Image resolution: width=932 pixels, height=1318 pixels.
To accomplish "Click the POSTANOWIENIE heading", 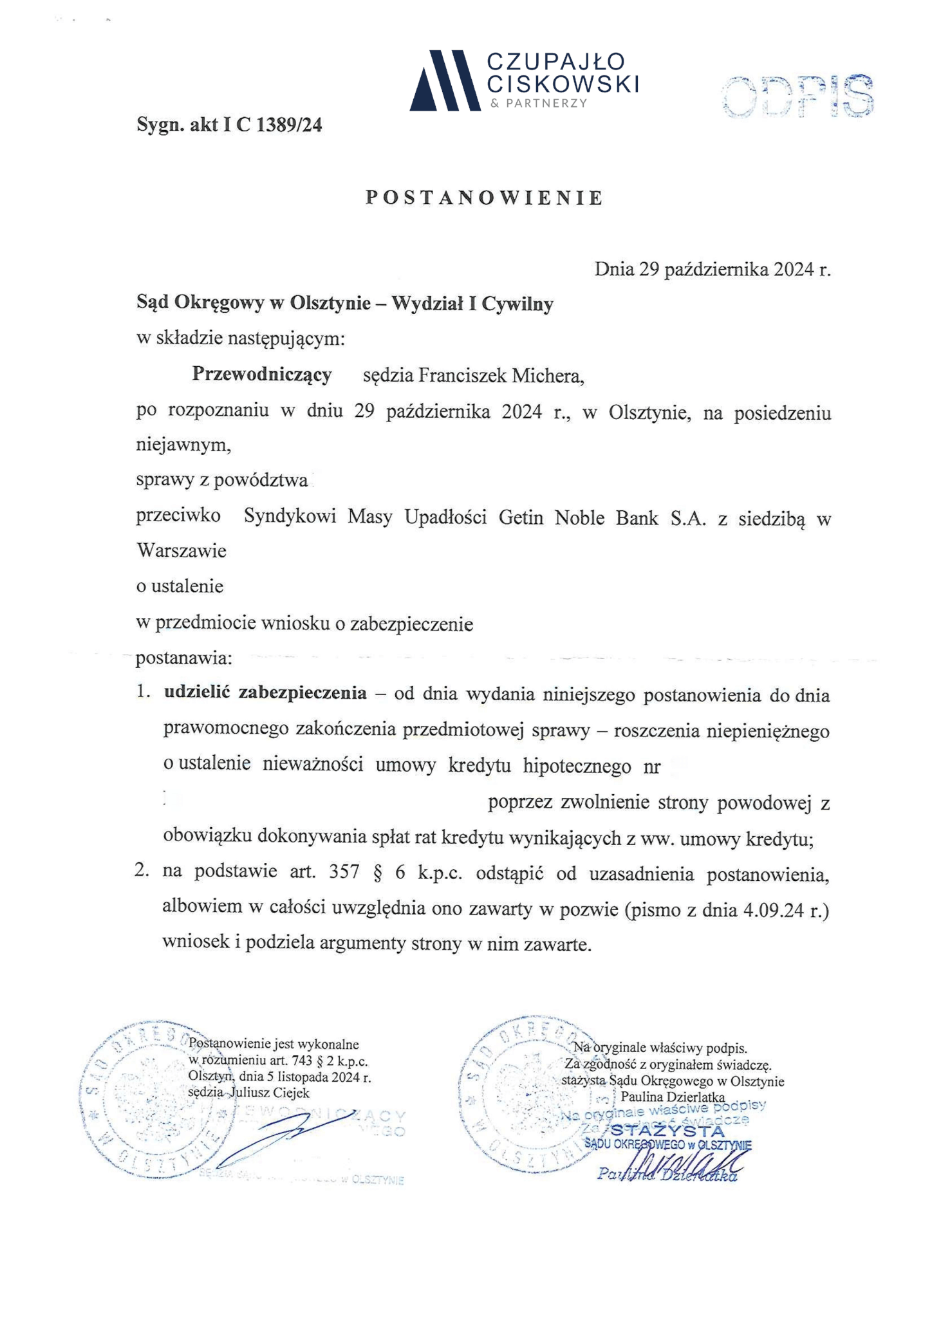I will click(484, 198).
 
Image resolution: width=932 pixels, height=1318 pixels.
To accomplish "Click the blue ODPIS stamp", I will click(797, 97).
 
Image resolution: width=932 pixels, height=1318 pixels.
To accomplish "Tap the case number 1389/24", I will click(289, 124).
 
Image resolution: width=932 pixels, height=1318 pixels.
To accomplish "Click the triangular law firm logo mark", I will click(445, 80).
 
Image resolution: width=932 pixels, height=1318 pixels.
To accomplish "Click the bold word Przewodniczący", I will click(262, 374).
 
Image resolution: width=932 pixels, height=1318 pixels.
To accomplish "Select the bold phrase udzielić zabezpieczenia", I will click(266, 693).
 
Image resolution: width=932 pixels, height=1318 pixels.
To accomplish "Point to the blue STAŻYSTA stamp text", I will click(667, 1131).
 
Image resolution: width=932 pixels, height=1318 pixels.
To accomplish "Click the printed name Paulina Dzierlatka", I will click(673, 1097).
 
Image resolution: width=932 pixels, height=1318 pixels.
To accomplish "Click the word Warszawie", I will click(182, 551).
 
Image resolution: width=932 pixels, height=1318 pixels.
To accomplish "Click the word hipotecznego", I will click(577, 766).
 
